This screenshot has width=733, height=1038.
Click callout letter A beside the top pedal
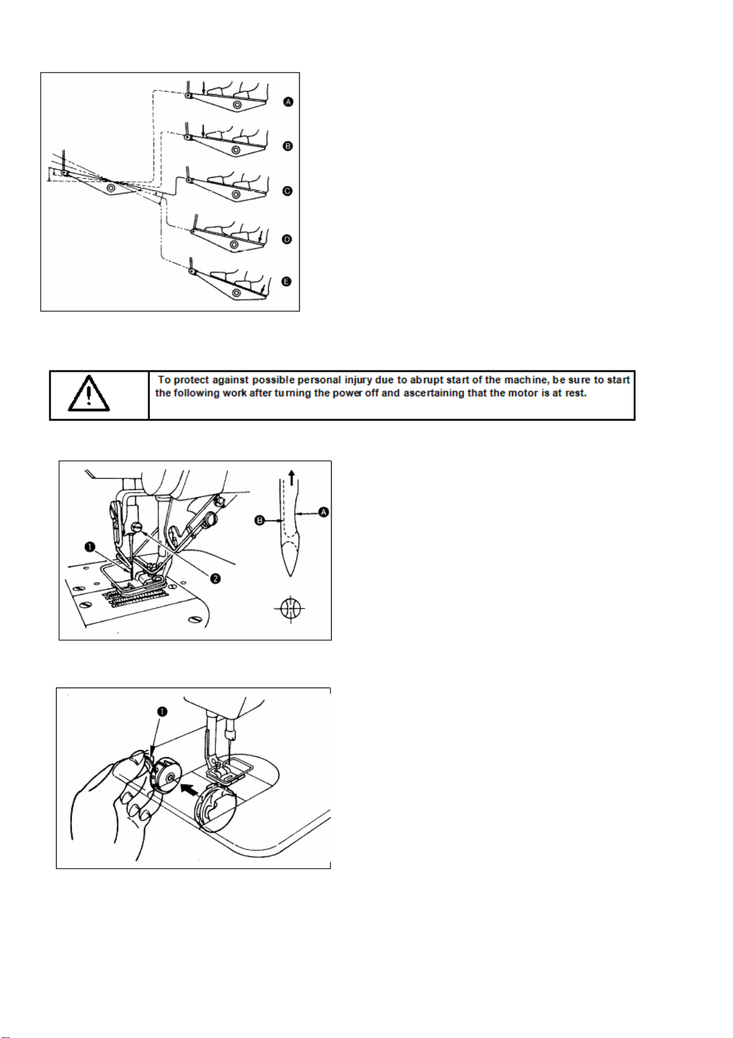point(288,102)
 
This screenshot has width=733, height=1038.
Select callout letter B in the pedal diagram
point(287,146)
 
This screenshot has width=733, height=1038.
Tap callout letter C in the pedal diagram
point(287,192)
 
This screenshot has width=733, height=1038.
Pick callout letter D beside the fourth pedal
point(287,239)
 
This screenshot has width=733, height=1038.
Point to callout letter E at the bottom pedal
point(286,282)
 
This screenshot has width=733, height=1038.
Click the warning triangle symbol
point(89,394)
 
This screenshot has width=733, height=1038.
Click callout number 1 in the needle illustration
point(90,546)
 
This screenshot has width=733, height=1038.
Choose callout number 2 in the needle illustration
point(216,578)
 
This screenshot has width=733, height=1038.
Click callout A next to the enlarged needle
point(323,512)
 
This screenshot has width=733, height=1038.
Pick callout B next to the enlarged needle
point(260,521)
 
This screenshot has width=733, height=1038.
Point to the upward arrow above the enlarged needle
point(292,476)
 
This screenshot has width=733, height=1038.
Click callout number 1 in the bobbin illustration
point(162,712)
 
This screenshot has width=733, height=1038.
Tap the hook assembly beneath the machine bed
point(215,804)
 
